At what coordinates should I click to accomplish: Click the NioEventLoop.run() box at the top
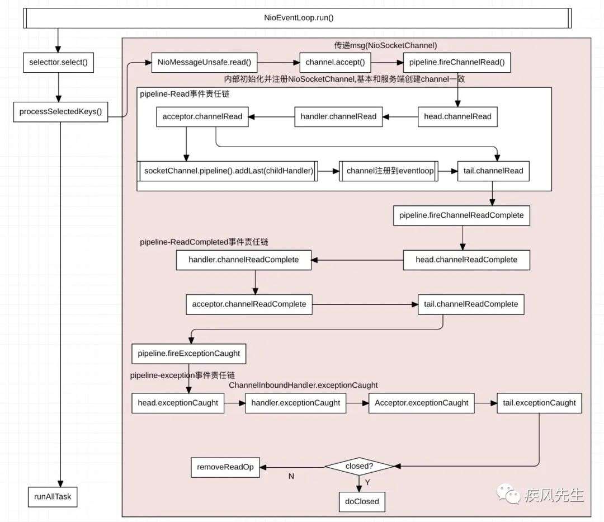pyautogui.click(x=297, y=18)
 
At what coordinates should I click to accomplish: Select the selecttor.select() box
pyautogui.click(x=59, y=63)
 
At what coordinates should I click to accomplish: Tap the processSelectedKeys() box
pyautogui.click(x=60, y=112)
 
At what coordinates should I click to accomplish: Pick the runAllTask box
pyautogui.click(x=53, y=497)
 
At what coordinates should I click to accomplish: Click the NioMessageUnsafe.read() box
pyautogui.click(x=204, y=63)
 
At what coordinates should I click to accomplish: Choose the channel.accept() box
pyautogui.click(x=335, y=63)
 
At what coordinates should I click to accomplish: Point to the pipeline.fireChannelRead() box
pyautogui.click(x=457, y=63)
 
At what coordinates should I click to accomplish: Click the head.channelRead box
pyautogui.click(x=457, y=117)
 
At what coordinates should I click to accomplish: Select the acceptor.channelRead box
pyautogui.click(x=202, y=117)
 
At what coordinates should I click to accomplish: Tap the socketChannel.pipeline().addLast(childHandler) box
pyautogui.click(x=228, y=171)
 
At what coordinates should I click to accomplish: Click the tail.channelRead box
pyautogui.click(x=493, y=171)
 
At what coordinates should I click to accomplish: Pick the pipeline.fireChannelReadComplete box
pyautogui.click(x=461, y=215)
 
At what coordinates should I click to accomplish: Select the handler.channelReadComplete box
pyautogui.click(x=244, y=260)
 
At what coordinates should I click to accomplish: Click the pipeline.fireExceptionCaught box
pyautogui.click(x=189, y=354)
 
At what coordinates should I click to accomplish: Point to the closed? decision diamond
pyautogui.click(x=359, y=466)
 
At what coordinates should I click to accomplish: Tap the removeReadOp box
pyautogui.click(x=225, y=467)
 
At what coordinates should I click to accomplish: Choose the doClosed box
pyautogui.click(x=362, y=502)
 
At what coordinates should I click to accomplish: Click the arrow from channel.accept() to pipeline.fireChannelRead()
pyautogui.click(x=387, y=63)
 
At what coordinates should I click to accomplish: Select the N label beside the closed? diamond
pyautogui.click(x=291, y=477)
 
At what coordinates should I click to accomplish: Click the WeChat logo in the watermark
pyautogui.click(x=508, y=494)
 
